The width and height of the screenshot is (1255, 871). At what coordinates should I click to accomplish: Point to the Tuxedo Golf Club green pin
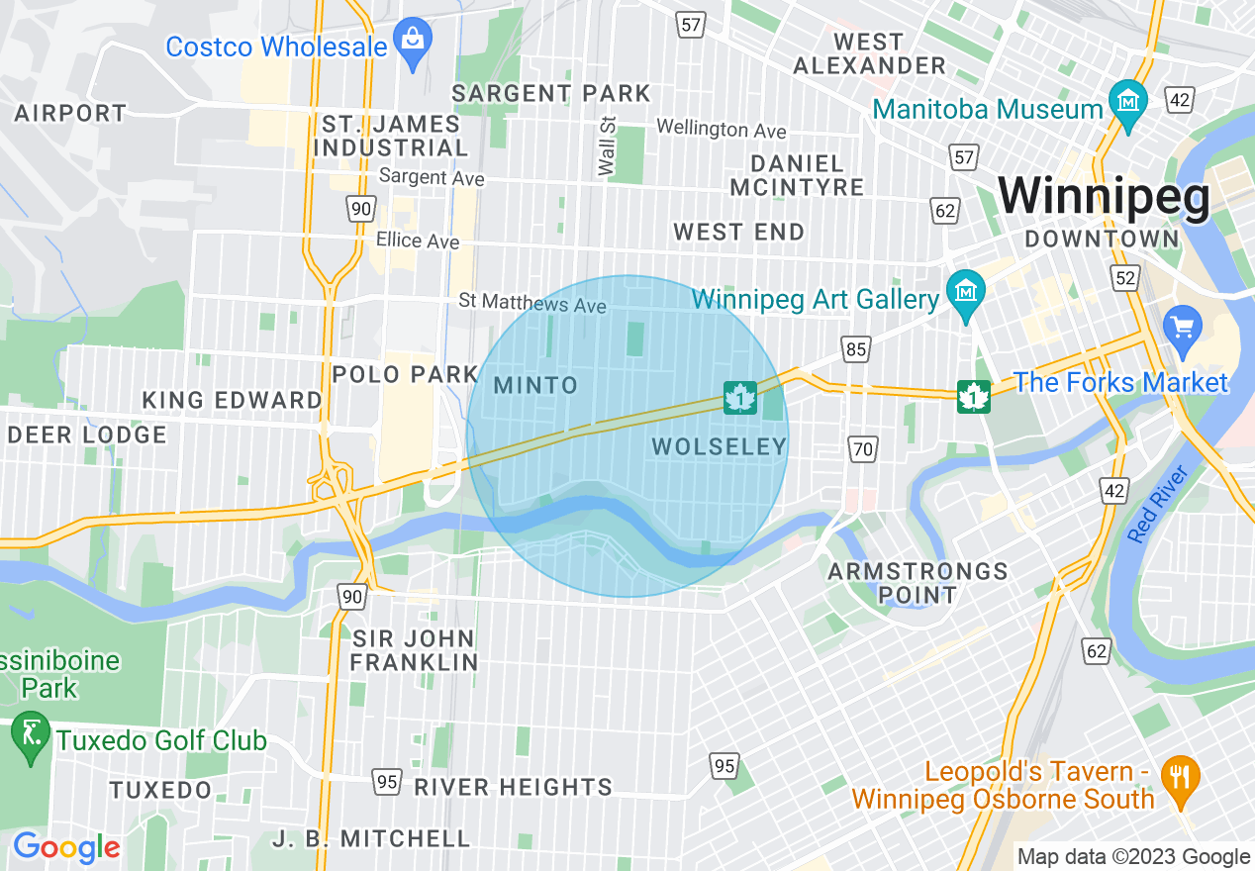[30, 736]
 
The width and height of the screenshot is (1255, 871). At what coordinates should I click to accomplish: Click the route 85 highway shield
[856, 347]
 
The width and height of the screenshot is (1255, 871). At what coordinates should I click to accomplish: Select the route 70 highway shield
[863, 449]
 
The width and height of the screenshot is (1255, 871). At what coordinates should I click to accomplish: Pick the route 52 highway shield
[1124, 279]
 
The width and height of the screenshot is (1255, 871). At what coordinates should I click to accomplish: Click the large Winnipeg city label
[1104, 197]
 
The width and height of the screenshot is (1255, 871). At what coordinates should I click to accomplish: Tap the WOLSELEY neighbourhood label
[720, 447]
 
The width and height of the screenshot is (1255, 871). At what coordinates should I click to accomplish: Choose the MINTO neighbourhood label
[535, 385]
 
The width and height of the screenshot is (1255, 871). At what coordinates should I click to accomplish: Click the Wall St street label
[608, 146]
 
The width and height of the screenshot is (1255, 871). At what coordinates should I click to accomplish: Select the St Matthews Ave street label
[532, 303]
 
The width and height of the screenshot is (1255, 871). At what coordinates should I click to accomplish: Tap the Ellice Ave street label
[417, 241]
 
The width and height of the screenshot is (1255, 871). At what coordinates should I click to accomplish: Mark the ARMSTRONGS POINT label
[917, 583]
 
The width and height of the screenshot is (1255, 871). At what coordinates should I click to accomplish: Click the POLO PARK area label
[406, 374]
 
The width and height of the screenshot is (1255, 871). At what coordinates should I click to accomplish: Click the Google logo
[66, 847]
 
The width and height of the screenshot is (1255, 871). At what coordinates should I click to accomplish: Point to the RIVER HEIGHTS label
[513, 787]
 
